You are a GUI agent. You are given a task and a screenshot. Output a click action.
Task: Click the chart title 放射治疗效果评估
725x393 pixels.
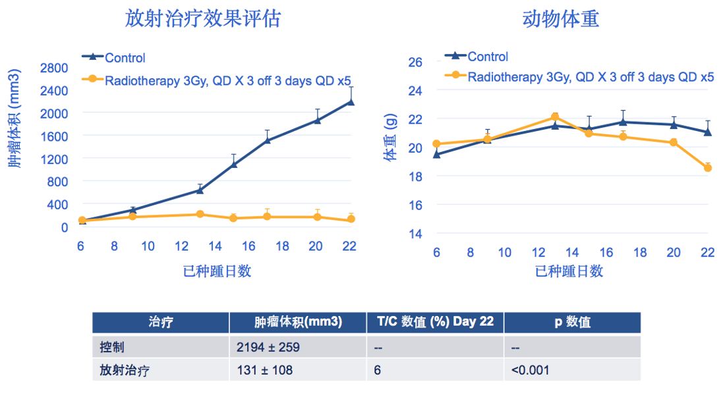(x=203, y=18)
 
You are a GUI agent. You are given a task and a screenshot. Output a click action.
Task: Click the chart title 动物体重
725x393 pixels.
(x=560, y=18)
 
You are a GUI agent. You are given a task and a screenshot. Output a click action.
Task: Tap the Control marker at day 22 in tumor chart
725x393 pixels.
(x=350, y=102)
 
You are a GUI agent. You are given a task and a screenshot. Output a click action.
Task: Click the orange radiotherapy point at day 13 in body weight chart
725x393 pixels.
(x=555, y=117)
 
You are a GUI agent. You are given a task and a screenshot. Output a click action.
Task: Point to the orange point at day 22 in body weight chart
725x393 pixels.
(x=708, y=168)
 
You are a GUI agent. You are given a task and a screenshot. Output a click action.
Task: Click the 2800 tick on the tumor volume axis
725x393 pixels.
(x=54, y=68)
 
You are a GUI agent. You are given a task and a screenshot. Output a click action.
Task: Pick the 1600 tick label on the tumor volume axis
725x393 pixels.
(x=54, y=136)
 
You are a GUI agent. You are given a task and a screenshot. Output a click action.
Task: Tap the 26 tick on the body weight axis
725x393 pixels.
(x=415, y=62)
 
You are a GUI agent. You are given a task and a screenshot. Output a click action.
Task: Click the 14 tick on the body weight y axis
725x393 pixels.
(x=415, y=234)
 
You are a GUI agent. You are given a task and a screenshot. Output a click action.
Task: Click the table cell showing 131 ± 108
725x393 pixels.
(x=264, y=370)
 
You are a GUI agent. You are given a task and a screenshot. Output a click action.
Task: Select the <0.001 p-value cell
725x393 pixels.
(x=530, y=370)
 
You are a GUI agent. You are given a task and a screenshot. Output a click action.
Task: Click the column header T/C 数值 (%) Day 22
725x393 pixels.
(x=435, y=322)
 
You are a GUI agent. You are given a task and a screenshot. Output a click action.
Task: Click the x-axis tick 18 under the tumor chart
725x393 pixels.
(x=282, y=246)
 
